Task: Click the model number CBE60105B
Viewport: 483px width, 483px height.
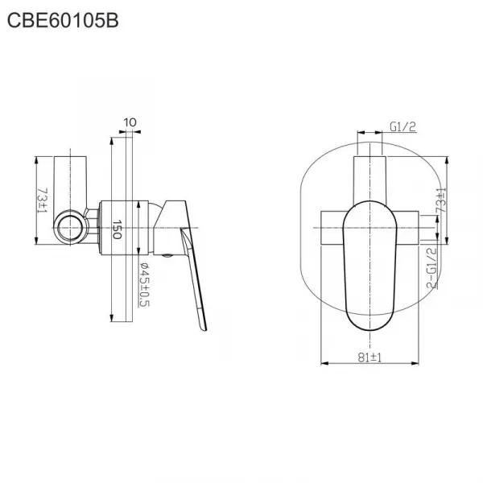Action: tap(63, 21)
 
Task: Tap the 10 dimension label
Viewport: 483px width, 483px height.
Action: tap(130, 122)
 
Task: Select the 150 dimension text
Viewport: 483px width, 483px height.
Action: tap(117, 229)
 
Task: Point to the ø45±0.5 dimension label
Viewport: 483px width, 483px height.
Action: tap(144, 285)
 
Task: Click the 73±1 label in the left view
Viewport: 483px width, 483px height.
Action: tap(42, 200)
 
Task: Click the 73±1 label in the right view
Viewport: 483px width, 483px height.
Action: tap(441, 200)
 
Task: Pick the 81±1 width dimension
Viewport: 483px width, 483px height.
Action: tap(369, 357)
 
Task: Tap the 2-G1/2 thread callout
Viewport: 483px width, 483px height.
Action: tap(431, 268)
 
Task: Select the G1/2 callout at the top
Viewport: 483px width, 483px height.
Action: tap(403, 126)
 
